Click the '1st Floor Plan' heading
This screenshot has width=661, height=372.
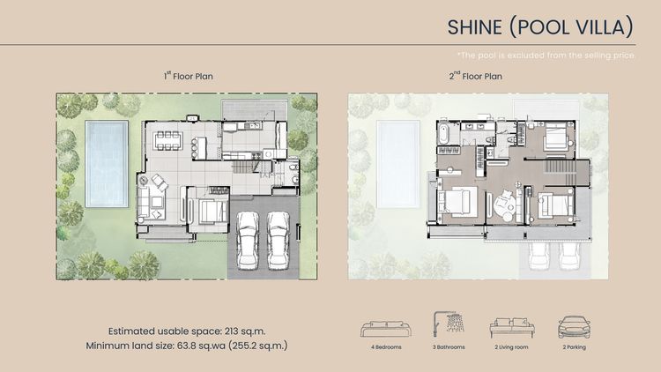pyautogui.click(x=188, y=77)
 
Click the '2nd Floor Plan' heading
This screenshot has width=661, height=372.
pyautogui.click(x=476, y=77)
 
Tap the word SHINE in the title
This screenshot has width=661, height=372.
pyautogui.click(x=477, y=27)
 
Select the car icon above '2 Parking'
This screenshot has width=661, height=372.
pyautogui.click(x=575, y=327)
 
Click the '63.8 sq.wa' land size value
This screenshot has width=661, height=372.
pyautogui.click(x=198, y=345)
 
